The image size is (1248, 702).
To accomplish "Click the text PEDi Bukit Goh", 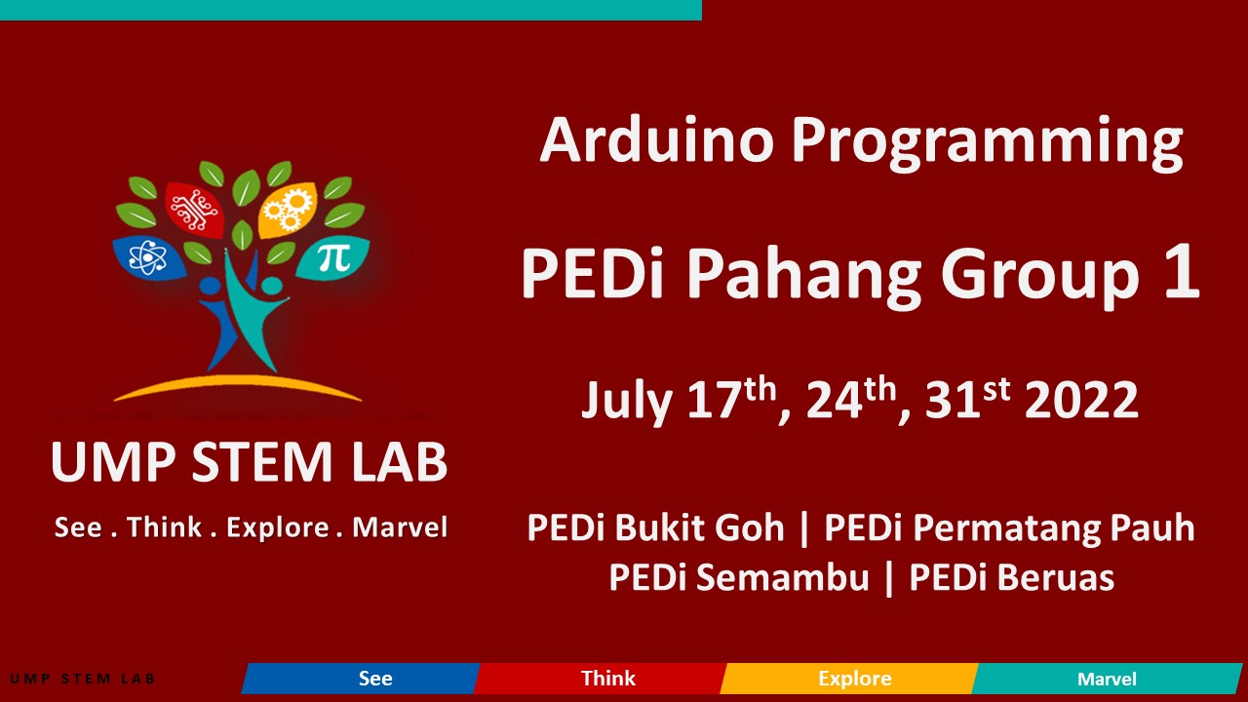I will coord(655,528).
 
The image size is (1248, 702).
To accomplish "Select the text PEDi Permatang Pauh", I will coord(1009,528).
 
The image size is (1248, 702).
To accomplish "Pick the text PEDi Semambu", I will coord(738,577).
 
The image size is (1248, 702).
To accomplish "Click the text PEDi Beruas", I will coord(1011,577).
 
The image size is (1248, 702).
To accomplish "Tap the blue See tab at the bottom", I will coord(374,679).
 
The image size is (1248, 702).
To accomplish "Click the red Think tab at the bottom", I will coord(607,679).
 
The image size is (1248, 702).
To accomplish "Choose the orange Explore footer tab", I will coord(854,679).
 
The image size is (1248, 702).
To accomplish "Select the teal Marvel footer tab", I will coord(1106,679).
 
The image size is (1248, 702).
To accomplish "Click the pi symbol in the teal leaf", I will coord(333,257).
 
